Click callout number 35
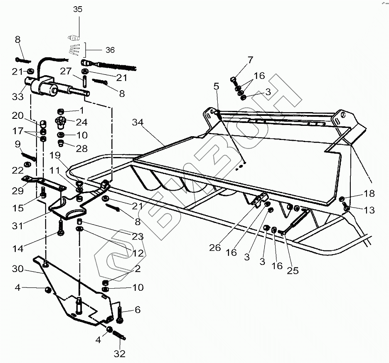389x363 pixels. pos(78,10)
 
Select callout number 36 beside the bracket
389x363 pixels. pos(110,50)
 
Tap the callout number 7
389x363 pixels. pos(250,60)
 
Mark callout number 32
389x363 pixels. pos(120,354)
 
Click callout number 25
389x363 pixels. pos(293,271)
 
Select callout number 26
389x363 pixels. pos(215,248)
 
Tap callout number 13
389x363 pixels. pos(369,210)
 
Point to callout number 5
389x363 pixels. pos(216,86)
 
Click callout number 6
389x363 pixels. pos(138,309)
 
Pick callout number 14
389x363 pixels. pos(17,249)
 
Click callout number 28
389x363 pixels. pos(81,149)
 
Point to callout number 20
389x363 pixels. pos(17,115)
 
